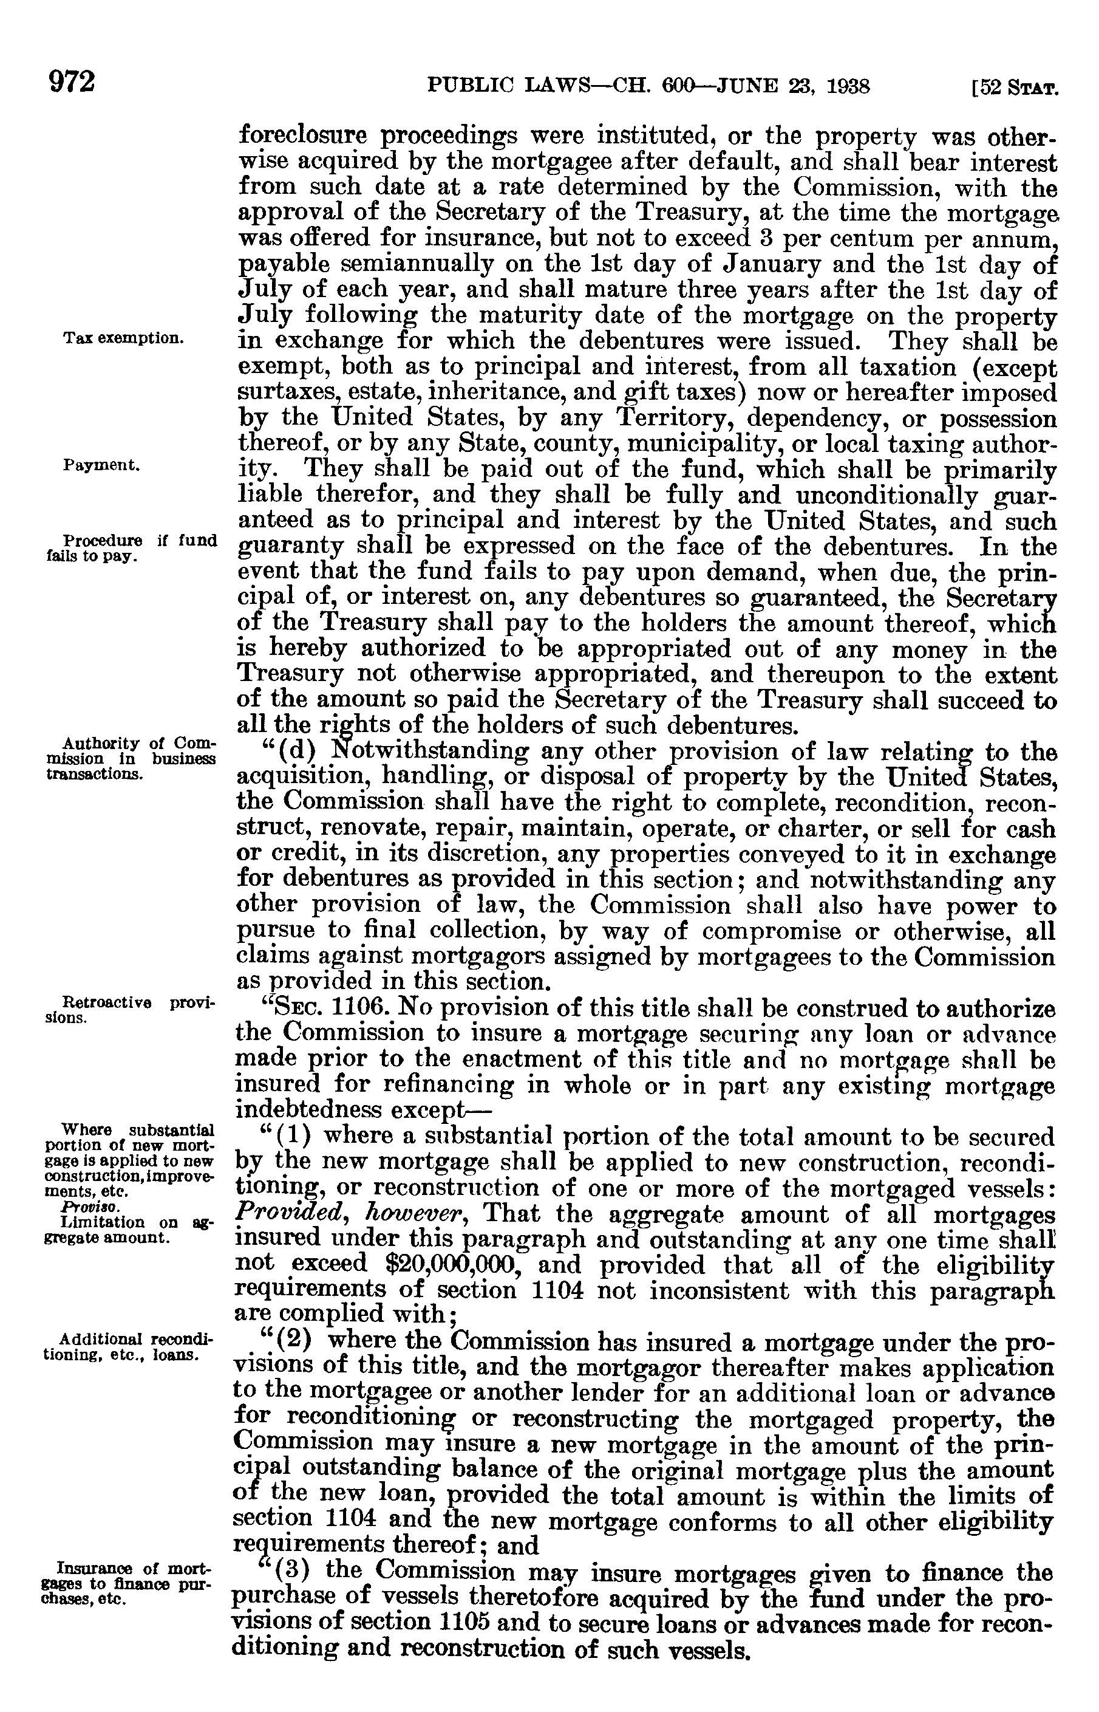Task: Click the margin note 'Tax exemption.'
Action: [x=123, y=338]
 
